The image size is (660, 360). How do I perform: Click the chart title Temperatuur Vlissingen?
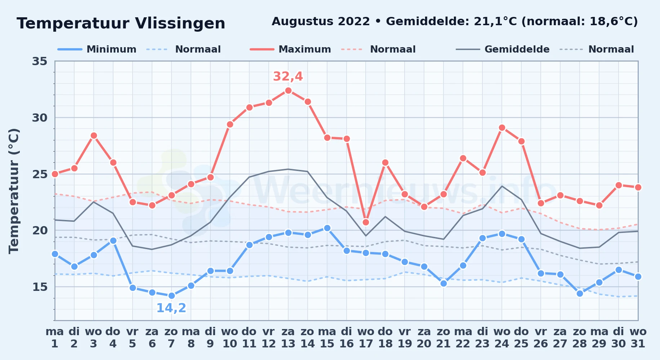tap(121, 23)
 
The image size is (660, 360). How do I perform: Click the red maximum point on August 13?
tap(288, 90)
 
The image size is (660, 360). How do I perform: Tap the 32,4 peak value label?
tap(288, 76)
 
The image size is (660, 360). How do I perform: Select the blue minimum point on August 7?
tap(171, 296)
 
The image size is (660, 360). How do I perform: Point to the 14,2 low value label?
tap(171, 308)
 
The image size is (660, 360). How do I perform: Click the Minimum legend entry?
tap(97, 49)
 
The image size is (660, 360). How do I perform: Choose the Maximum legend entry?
tap(290, 49)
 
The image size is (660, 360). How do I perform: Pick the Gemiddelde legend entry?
tap(503, 49)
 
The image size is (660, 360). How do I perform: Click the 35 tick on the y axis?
tap(40, 61)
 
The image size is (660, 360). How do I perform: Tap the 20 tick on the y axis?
tap(40, 230)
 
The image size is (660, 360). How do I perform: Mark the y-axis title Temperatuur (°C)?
tap(14, 191)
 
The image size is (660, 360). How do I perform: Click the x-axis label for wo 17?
tap(366, 338)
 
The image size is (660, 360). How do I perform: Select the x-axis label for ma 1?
tap(55, 338)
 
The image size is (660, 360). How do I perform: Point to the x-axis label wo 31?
tap(638, 338)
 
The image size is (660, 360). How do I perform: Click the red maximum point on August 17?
tap(366, 222)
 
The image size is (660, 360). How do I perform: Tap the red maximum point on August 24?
tap(502, 127)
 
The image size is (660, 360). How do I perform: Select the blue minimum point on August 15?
tap(327, 228)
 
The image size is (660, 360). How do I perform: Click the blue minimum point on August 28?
tap(580, 293)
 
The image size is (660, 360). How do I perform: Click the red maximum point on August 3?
tap(94, 135)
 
